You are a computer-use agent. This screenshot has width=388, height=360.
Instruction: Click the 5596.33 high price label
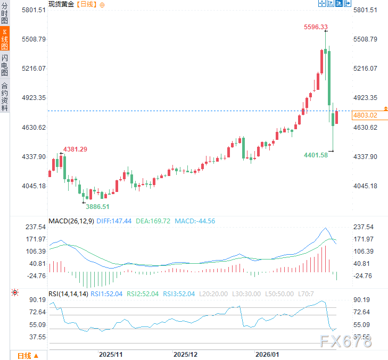tap(316, 27)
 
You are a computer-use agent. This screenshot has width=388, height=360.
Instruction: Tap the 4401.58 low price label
tap(316, 155)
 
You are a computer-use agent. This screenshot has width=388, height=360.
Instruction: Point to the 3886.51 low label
tap(98, 206)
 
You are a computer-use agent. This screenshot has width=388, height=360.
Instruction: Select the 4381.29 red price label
tap(75, 149)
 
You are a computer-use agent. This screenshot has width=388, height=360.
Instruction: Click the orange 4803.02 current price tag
tap(365, 115)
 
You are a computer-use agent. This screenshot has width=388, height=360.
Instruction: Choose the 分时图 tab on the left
tap(5, 14)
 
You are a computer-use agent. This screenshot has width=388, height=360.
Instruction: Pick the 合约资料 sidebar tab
tap(5, 96)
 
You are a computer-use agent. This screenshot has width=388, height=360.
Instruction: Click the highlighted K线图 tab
tap(5, 40)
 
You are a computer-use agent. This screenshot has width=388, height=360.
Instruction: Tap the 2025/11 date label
tap(111, 354)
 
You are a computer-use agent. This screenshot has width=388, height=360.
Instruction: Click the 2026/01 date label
tap(267, 354)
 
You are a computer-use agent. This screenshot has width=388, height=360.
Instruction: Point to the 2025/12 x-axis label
tap(186, 354)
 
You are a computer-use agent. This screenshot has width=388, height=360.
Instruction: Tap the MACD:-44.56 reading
tap(195, 221)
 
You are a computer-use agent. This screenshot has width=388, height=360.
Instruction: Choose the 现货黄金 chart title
tap(61, 4)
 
